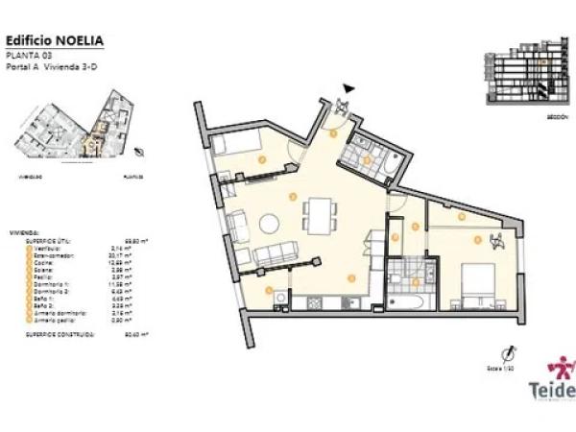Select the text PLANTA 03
(27, 55)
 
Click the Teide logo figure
(560, 370)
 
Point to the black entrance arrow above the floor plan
(348, 88)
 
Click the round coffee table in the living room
(270, 224)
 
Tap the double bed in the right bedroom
(477, 285)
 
